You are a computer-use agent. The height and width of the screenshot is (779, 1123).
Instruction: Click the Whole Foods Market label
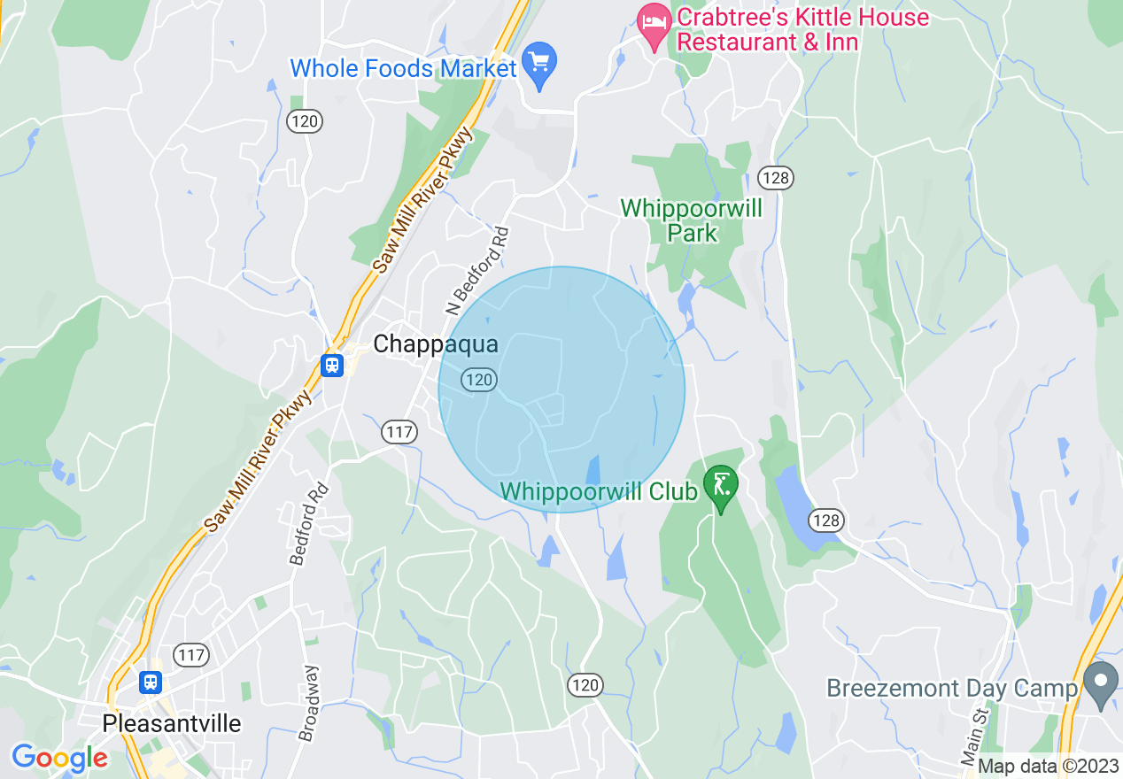(403, 68)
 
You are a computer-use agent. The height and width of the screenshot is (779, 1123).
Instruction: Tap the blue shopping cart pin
(538, 64)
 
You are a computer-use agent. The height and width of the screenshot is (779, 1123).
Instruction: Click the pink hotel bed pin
(654, 27)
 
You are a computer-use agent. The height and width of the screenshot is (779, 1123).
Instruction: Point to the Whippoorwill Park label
(692, 220)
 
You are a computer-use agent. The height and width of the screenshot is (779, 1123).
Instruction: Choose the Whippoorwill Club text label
(599, 490)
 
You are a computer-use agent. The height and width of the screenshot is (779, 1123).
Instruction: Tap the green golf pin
(721, 486)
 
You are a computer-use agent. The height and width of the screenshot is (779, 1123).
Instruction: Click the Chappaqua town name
(436, 344)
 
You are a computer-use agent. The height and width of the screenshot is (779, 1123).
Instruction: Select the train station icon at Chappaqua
(332, 365)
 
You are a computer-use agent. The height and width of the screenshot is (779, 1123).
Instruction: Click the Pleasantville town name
(172, 723)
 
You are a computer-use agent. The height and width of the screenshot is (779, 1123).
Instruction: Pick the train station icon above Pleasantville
(151, 683)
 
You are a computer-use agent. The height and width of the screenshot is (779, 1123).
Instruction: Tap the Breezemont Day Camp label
(952, 688)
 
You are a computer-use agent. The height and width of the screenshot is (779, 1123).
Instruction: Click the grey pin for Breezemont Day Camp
(1101, 683)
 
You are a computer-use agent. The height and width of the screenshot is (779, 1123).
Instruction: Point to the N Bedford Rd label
(478, 271)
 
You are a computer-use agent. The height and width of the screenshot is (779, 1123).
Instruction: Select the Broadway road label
(308, 703)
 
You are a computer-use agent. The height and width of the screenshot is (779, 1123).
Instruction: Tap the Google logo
(59, 758)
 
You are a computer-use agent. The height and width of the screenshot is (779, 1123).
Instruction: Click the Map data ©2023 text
(1049, 766)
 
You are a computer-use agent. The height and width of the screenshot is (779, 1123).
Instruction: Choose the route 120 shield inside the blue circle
(477, 380)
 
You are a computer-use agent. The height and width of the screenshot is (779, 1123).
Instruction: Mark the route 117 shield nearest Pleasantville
(191, 656)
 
